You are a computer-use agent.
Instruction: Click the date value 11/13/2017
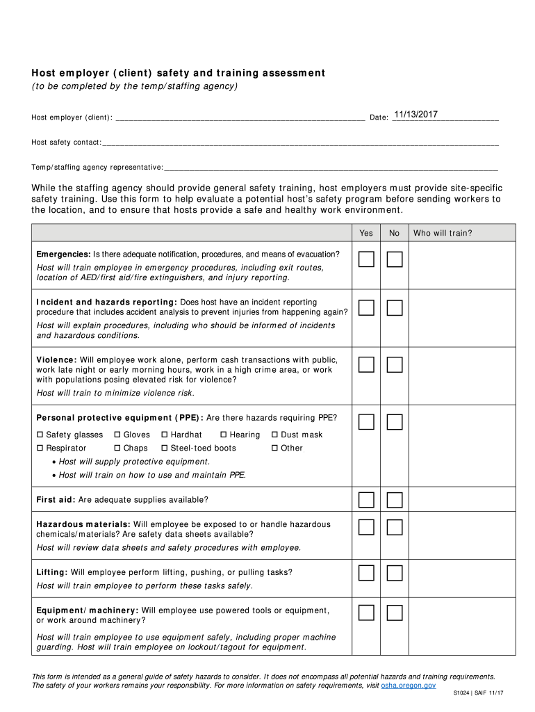pyautogui.click(x=415, y=115)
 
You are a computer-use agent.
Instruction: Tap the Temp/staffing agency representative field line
pyautogui.click(x=331, y=167)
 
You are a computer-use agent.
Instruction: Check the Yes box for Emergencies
pyautogui.click(x=366, y=260)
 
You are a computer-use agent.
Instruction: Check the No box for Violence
pyautogui.click(x=395, y=364)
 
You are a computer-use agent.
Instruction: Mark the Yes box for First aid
pyautogui.click(x=366, y=500)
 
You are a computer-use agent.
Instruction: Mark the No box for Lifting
pyautogui.click(x=395, y=573)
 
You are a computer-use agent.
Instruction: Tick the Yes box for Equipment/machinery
pyautogui.click(x=366, y=613)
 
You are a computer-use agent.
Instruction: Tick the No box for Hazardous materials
pyautogui.click(x=395, y=527)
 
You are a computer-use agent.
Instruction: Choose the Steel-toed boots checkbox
pyautogui.click(x=165, y=448)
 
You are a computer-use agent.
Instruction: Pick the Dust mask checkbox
pyautogui.click(x=274, y=435)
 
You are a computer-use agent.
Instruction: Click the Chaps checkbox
pyautogui.click(x=117, y=448)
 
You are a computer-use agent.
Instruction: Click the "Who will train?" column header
pyautogui.click(x=442, y=233)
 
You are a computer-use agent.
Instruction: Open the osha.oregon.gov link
pyautogui.click(x=409, y=686)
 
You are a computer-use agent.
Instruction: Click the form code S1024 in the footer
pyautogui.click(x=463, y=694)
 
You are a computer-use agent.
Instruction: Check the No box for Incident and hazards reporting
pyautogui.click(x=395, y=308)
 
